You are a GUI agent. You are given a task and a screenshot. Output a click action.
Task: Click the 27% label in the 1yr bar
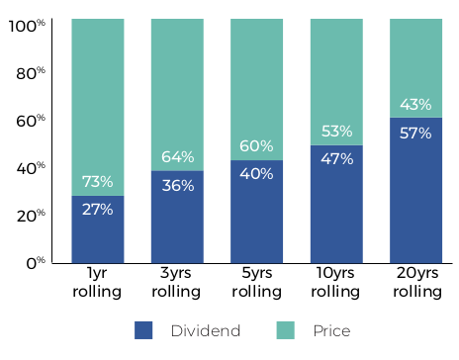tap(97, 209)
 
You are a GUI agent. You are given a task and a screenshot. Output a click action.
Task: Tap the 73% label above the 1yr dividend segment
tap(97, 182)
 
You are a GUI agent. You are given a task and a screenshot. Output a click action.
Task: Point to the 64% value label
tap(177, 157)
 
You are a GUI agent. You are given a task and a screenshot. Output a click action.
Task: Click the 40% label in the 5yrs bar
tap(256, 174)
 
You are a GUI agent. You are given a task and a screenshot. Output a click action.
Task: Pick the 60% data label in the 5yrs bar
tap(256, 146)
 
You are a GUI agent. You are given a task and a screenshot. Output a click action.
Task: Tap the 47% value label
tap(336, 159)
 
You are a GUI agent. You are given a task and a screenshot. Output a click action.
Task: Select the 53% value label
tap(336, 132)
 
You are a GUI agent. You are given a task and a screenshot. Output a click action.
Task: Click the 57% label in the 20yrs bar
tap(415, 133)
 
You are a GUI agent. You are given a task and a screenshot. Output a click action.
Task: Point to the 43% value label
tap(415, 105)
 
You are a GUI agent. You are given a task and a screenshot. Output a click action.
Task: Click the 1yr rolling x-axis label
tap(97, 283)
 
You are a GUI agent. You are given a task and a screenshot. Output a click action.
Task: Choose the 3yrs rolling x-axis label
tap(177, 283)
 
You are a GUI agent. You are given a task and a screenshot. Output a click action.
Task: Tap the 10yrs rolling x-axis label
tap(336, 283)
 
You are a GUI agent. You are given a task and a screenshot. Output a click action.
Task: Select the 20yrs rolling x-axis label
tap(415, 283)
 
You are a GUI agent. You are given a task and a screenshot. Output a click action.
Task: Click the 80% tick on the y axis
tap(34, 73)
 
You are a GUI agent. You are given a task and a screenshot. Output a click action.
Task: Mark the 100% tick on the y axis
tap(30, 26)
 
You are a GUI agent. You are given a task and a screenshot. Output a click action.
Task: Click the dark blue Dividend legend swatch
tap(143, 330)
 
